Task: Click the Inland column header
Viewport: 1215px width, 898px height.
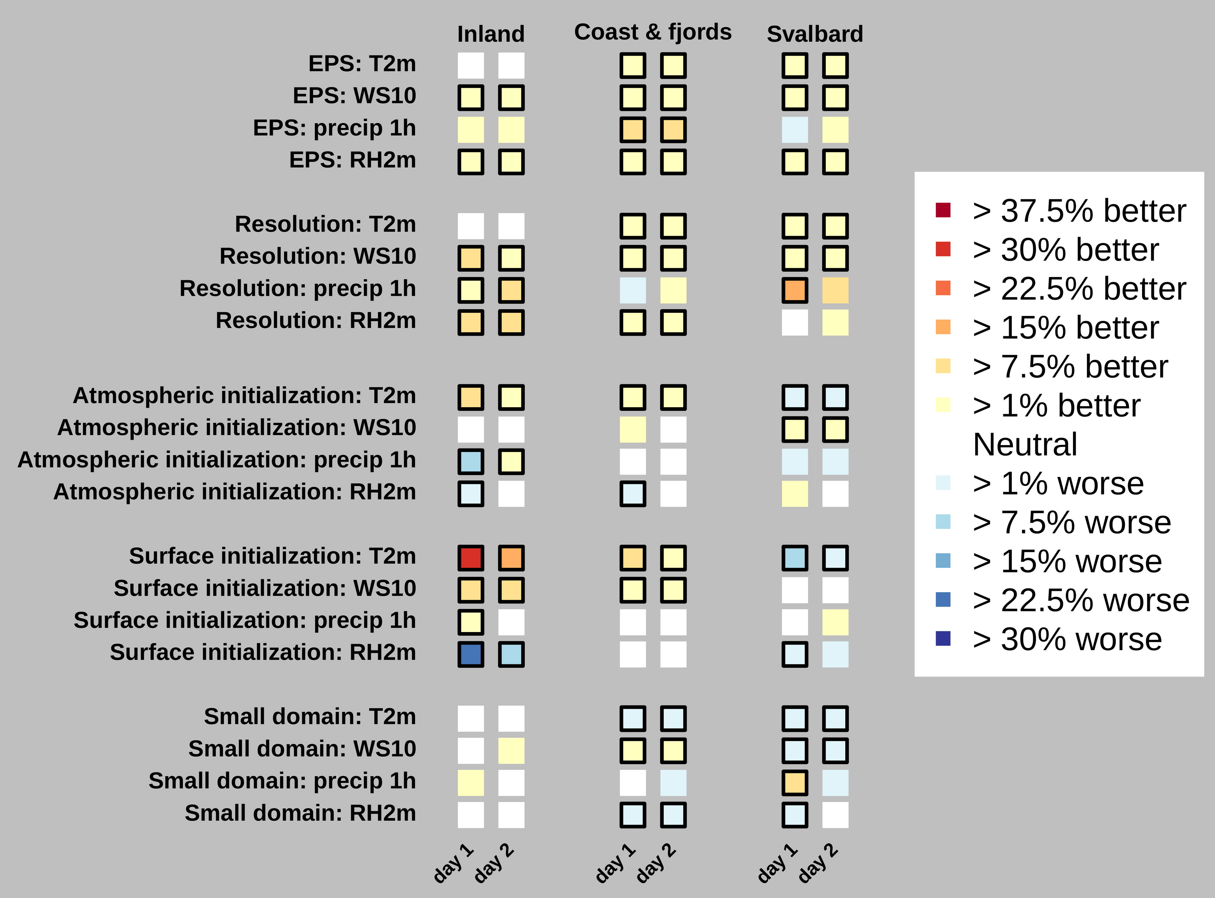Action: click(490, 34)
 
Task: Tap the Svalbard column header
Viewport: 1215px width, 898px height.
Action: click(815, 34)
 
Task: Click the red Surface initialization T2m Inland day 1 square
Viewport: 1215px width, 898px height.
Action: click(471, 558)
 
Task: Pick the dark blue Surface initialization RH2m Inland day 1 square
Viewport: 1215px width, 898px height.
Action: click(471, 654)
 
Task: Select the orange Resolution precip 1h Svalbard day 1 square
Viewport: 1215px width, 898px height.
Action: click(795, 290)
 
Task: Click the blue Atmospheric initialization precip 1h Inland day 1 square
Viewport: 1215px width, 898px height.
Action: click(471, 461)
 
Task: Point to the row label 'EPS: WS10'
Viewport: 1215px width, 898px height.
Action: click(354, 96)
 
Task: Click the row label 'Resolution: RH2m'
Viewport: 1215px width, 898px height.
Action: click(316, 321)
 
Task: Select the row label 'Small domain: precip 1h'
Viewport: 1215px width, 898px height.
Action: click(282, 781)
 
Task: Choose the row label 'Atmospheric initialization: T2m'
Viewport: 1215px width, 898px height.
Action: click(244, 396)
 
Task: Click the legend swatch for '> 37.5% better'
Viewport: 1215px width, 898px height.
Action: click(943, 210)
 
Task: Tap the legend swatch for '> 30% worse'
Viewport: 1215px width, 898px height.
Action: click(943, 638)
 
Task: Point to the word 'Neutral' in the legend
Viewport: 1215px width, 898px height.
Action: click(1025, 445)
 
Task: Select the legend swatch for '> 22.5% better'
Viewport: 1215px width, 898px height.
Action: click(943, 288)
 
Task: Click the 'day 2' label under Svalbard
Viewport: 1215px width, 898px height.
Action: click(818, 863)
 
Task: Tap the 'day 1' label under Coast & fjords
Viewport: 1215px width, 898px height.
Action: click(616, 863)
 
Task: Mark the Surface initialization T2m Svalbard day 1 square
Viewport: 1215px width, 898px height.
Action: click(795, 558)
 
